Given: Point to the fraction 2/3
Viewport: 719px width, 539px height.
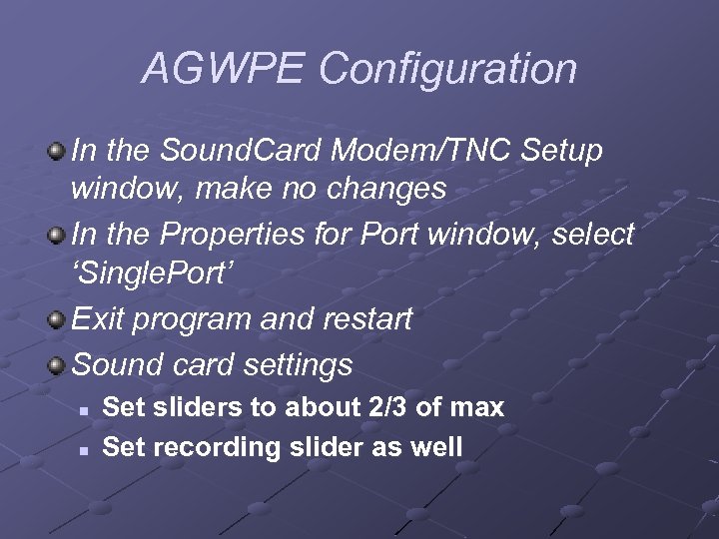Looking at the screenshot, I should click(x=392, y=407).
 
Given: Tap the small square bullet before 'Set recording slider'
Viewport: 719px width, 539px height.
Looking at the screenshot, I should click(x=86, y=448).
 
